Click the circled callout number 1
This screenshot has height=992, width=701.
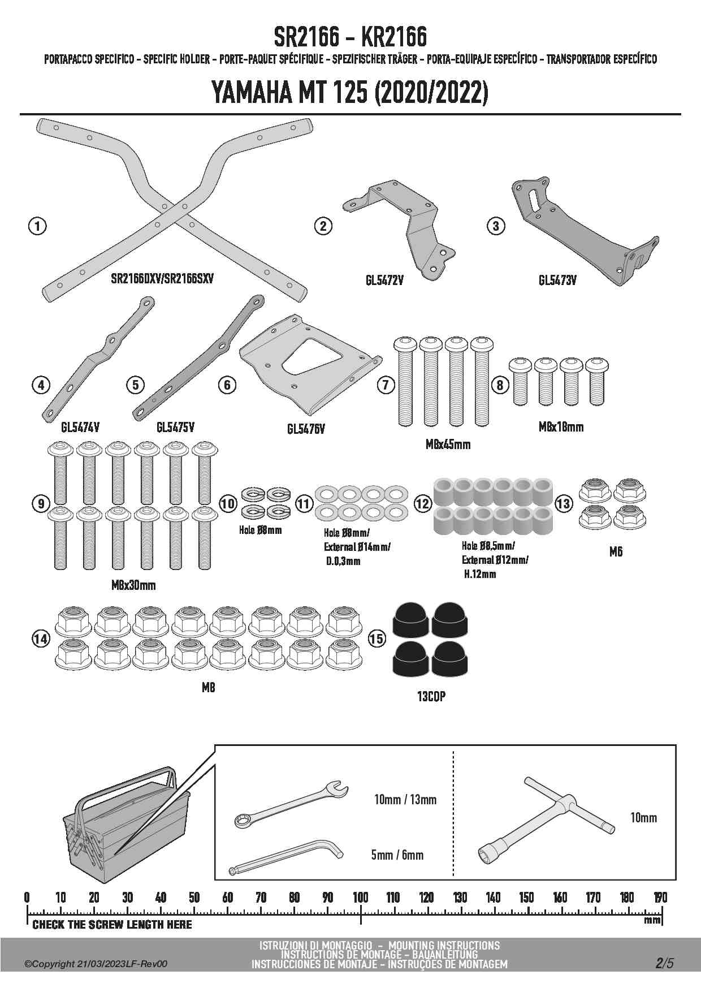[x=37, y=226]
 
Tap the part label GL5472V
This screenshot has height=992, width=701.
[x=384, y=280]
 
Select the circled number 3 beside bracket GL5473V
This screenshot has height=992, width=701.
[x=496, y=226]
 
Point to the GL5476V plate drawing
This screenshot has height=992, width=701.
[x=305, y=368]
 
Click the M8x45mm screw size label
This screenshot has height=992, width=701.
[x=448, y=445]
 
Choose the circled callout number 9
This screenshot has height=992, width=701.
[x=41, y=503]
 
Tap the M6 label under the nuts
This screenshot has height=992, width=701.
[x=616, y=551]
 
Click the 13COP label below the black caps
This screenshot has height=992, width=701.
[x=431, y=697]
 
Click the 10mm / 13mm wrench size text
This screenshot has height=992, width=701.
[x=405, y=800]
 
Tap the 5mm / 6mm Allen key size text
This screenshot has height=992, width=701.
[x=397, y=855]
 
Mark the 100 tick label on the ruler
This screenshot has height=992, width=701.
[x=361, y=898]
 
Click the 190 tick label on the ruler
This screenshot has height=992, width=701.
[x=660, y=898]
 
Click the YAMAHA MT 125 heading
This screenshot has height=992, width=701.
[x=350, y=93]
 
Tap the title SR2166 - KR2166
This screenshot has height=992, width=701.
[x=350, y=37]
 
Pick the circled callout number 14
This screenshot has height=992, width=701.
[x=41, y=639]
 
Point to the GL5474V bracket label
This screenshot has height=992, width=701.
[x=80, y=427]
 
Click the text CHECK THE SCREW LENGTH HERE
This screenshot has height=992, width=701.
[x=112, y=925]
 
